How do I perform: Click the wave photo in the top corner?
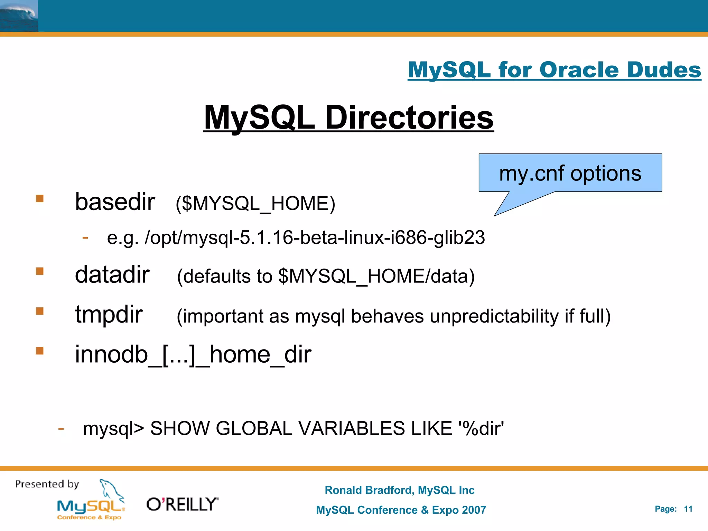(19, 16)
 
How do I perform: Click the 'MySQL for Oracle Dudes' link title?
(554, 70)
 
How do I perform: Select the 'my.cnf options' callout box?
(570, 173)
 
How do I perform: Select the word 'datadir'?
(112, 274)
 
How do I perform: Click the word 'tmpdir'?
(109, 314)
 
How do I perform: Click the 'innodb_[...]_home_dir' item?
(193, 355)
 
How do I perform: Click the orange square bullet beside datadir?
(40, 271)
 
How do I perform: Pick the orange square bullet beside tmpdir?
(40, 311)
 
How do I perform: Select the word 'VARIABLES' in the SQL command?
(352, 428)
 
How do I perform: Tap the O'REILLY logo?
(183, 504)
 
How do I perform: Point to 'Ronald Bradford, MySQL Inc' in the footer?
(400, 490)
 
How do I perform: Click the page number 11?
(688, 509)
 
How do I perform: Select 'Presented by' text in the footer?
(47, 484)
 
